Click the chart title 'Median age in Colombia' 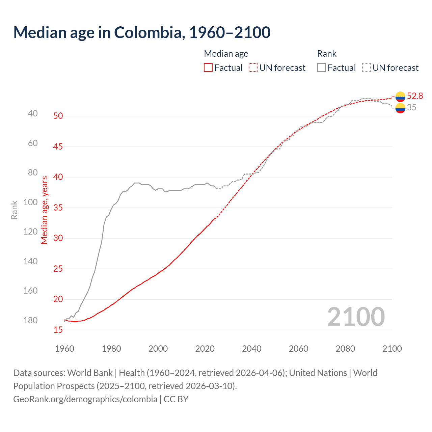tap(142, 32)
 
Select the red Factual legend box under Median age tap(208, 68)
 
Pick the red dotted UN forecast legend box tap(253, 68)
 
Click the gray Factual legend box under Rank tap(322, 68)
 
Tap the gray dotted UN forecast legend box tap(367, 68)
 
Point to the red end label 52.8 tap(415, 96)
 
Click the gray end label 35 tap(411, 108)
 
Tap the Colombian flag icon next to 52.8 tap(400, 97)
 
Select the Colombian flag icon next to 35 tap(400, 108)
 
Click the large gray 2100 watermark tap(356, 317)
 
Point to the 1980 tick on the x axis tap(111, 349)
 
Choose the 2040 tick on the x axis tap(252, 349)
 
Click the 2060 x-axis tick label tap(298, 349)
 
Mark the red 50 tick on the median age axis tap(58, 116)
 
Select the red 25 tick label tap(58, 269)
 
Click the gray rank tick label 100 tap(31, 202)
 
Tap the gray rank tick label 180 tap(31, 320)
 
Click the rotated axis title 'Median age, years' tap(45, 210)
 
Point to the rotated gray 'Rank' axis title tap(14, 210)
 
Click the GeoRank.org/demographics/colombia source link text tap(85, 399)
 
